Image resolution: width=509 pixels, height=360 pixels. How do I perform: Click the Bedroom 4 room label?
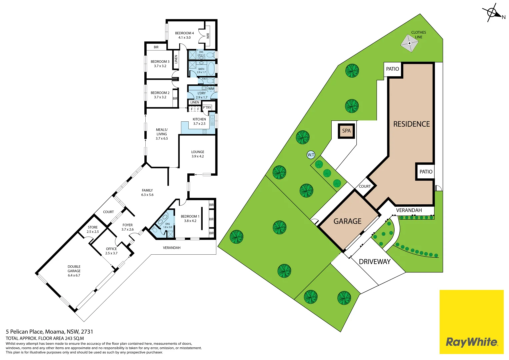point(184,35)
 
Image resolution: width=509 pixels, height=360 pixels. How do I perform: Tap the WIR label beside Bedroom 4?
point(208,35)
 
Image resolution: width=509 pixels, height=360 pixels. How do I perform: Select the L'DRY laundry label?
point(202,95)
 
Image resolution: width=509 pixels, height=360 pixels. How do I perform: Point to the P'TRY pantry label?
point(207,108)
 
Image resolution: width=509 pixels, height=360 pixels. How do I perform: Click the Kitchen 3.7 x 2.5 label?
point(199,121)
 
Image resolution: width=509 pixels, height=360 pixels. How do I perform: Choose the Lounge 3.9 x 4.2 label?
point(198,154)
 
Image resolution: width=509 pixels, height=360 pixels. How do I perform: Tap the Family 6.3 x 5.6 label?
point(147,193)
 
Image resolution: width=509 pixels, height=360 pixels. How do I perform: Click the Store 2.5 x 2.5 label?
point(93,229)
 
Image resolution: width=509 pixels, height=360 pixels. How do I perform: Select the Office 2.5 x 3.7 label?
point(111,251)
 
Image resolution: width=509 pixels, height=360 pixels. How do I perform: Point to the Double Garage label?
point(74,271)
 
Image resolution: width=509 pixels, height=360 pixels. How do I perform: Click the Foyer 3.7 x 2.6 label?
point(127,227)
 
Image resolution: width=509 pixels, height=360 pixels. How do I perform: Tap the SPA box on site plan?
point(346,131)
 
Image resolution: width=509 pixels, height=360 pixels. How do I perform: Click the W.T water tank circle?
point(311,155)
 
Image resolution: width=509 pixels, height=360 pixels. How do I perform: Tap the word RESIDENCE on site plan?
point(411,124)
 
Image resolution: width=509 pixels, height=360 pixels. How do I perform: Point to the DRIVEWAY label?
point(375,262)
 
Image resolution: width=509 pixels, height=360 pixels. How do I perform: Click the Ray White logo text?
point(471,342)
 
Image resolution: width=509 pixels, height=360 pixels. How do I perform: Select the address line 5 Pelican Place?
point(49,332)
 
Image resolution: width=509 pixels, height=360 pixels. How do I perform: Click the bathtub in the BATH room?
point(211,68)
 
